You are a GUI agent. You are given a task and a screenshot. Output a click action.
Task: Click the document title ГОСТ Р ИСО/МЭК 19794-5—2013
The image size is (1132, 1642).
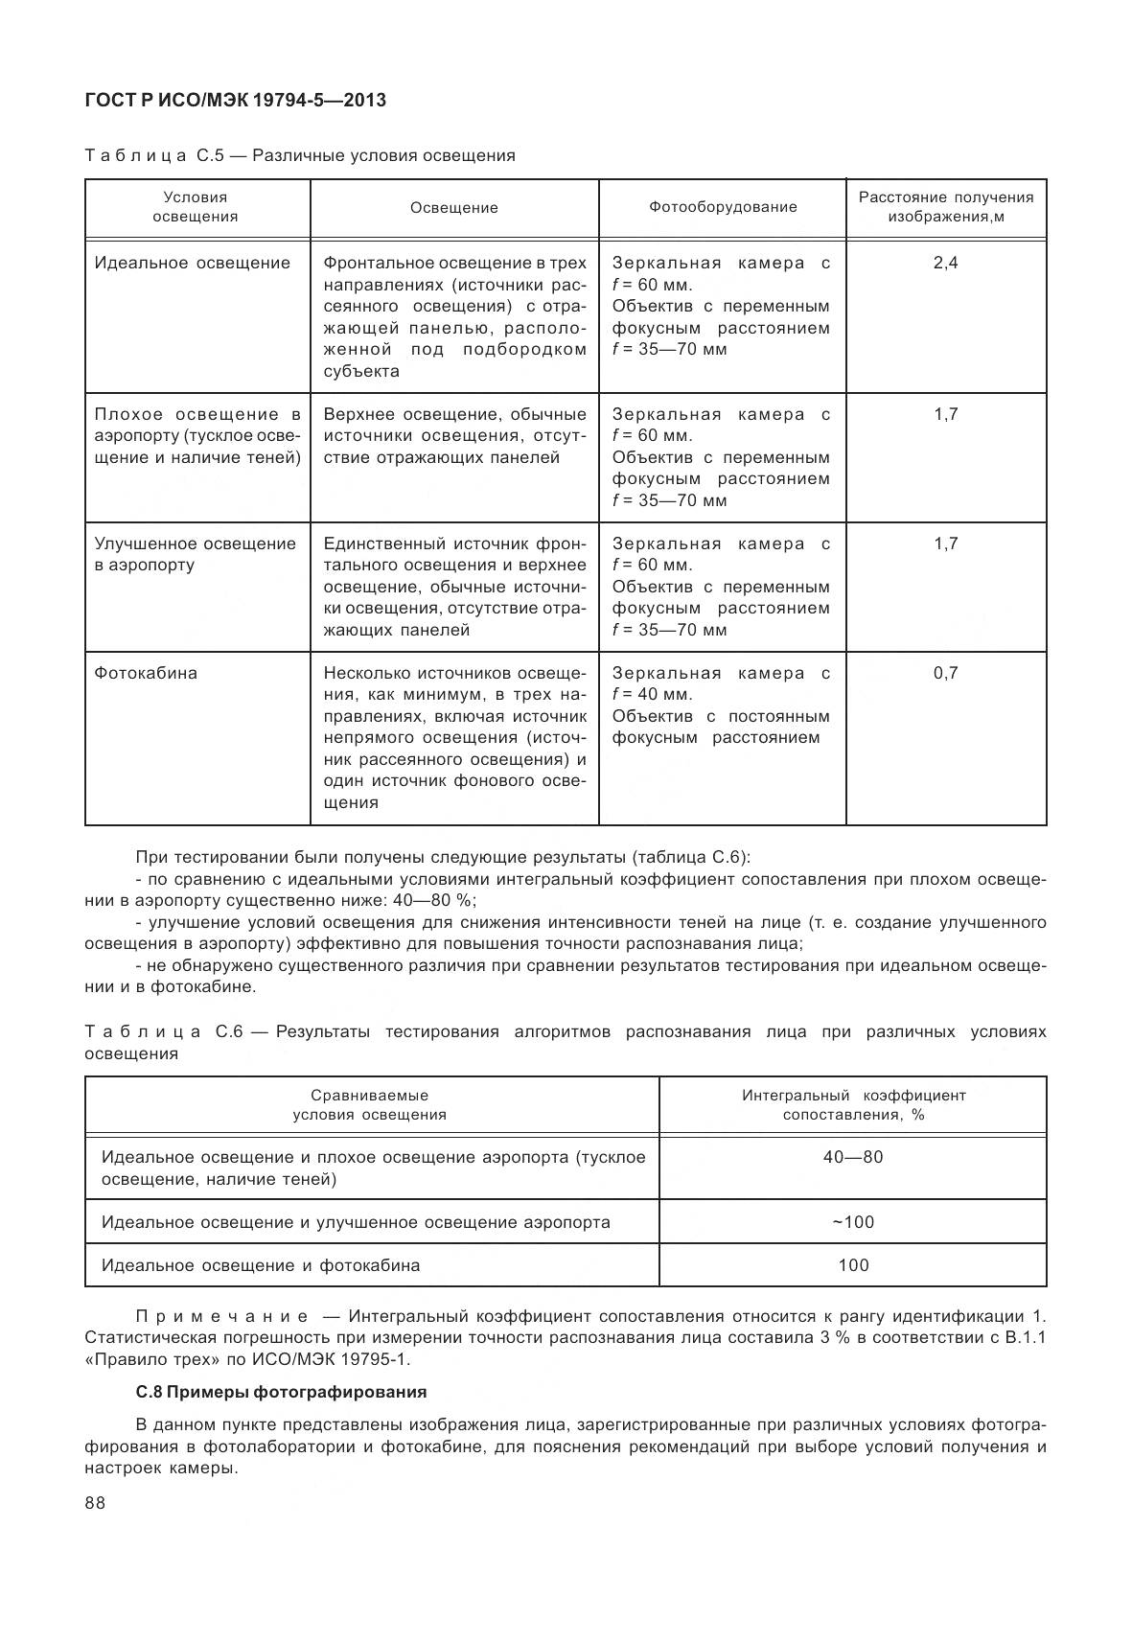235,100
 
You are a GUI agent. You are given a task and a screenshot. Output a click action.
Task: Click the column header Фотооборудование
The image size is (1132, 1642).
722,207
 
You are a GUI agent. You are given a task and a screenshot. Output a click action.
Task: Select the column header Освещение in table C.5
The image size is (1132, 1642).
454,207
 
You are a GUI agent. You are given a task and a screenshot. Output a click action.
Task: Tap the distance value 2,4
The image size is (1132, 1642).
945,263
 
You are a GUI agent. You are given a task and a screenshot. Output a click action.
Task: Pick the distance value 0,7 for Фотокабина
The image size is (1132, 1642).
945,673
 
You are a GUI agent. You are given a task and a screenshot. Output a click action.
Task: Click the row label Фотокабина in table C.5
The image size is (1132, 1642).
146,673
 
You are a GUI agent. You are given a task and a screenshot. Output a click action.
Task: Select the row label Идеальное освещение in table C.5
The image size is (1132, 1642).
192,263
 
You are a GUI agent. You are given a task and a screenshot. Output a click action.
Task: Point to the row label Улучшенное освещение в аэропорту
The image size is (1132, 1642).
195,554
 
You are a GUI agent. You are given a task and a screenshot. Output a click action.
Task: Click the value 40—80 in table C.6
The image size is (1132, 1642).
852,1157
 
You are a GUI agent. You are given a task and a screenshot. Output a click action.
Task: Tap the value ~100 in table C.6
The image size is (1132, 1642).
852,1222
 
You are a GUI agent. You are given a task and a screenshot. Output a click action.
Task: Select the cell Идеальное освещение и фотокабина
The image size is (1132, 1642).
261,1265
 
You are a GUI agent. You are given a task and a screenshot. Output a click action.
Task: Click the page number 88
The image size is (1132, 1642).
95,1503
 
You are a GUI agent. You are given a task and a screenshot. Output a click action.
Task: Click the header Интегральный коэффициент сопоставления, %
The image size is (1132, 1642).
852,1104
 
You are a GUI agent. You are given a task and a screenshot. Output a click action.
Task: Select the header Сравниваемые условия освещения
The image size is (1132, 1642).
370,1104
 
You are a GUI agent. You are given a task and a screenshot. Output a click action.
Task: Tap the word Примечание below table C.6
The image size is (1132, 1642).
222,1315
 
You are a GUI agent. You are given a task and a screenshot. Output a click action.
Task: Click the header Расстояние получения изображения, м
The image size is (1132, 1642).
945,207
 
